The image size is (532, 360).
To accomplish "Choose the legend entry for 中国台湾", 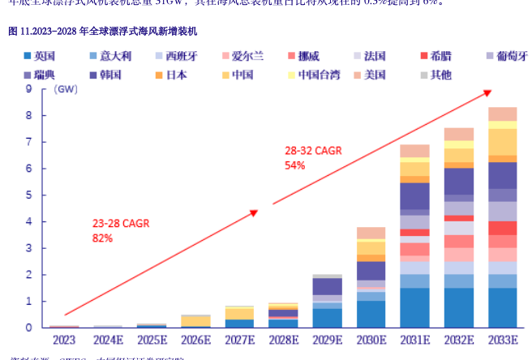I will pos(314,75).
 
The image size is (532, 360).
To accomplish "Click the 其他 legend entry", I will pos(440,75).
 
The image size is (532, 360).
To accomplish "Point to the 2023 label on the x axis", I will pos(63,339).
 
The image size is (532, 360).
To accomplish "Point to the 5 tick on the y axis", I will pos(29,195).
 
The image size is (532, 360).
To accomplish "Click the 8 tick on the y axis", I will pos(29,115).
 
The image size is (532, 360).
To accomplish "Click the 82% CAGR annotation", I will pos(103,238).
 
